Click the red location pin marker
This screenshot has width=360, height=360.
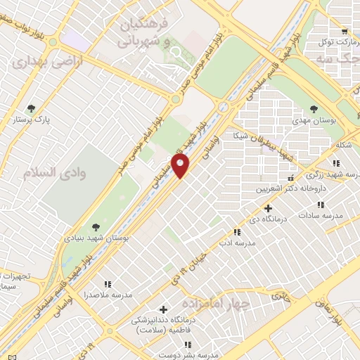(181, 167)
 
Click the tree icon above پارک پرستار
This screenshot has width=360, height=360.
(30, 108)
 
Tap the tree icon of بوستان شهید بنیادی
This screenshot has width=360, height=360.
(95, 226)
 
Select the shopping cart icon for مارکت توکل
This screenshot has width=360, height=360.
(344, 31)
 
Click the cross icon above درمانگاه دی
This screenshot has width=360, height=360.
(267, 208)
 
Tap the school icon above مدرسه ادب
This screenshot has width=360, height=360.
(237, 231)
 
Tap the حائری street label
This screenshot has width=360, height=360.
(281, 296)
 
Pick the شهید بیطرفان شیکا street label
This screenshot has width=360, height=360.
(278, 141)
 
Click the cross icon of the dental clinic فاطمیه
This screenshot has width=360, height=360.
(164, 309)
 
